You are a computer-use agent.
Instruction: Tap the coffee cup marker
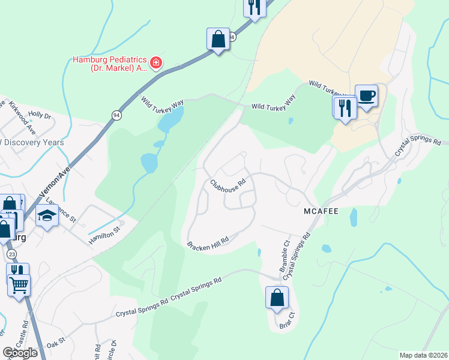[366, 95]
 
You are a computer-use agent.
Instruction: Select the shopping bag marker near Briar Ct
[277, 298]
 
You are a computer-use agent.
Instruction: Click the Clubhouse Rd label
[228, 182]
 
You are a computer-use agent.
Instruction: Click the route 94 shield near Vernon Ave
[115, 114]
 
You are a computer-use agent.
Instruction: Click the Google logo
[19, 352]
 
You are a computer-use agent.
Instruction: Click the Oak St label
[56, 344]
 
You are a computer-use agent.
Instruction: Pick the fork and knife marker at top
[255, 7]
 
